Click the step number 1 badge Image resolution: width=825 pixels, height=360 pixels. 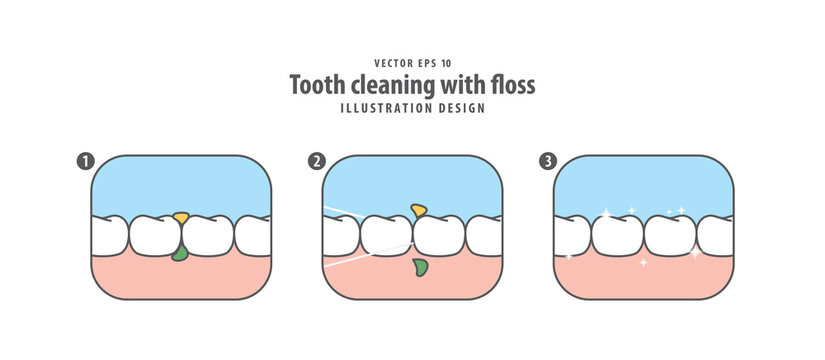click(x=83, y=161)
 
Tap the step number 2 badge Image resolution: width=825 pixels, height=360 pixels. click(x=317, y=161)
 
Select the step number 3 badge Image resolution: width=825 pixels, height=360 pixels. click(x=546, y=161)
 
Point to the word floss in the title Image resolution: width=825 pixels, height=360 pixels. click(x=512, y=85)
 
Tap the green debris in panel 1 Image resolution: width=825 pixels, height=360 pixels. click(x=179, y=255)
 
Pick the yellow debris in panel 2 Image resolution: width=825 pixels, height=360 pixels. click(x=419, y=210)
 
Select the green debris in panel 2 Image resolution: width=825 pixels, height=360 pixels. click(x=420, y=266)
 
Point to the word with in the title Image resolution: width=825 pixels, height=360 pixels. click(x=460, y=85)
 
